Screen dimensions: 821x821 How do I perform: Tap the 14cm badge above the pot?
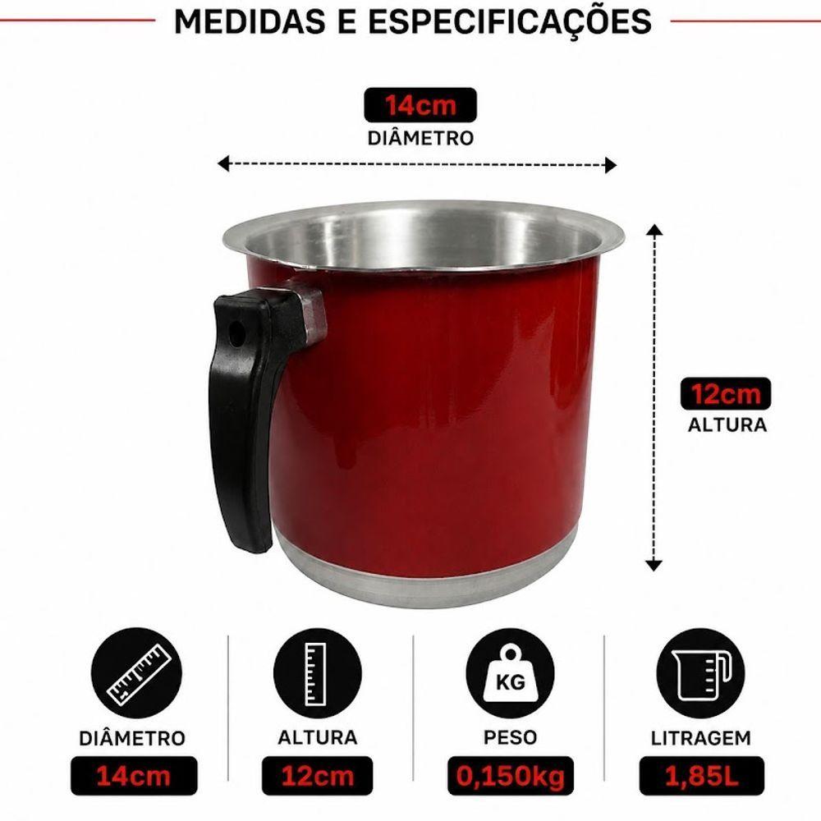(420, 105)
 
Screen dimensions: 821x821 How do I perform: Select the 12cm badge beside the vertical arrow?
(726, 393)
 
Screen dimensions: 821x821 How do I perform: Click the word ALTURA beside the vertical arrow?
(727, 424)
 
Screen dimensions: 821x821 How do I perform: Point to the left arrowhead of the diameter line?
(223, 164)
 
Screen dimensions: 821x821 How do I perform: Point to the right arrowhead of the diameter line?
(611, 165)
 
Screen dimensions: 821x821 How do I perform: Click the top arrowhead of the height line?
(654, 229)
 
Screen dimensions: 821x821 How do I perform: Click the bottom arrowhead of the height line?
(654, 565)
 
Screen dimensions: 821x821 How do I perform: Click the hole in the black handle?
(236, 333)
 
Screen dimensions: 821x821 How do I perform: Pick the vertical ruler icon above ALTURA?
(317, 673)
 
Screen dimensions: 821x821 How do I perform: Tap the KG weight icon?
(510, 673)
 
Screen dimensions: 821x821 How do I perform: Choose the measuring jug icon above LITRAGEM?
(700, 673)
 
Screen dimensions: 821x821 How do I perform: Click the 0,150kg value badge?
(511, 776)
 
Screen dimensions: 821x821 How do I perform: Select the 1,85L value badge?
(702, 776)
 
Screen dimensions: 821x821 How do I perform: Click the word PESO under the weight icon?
(511, 737)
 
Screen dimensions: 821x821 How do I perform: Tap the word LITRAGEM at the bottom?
(701, 738)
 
